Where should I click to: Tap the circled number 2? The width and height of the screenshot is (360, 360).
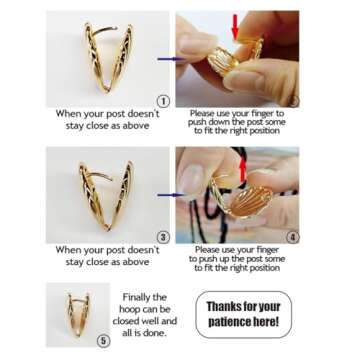click(x=294, y=99)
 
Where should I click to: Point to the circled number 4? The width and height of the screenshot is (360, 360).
click(x=293, y=236)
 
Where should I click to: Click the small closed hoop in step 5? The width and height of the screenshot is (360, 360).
click(x=79, y=309)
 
